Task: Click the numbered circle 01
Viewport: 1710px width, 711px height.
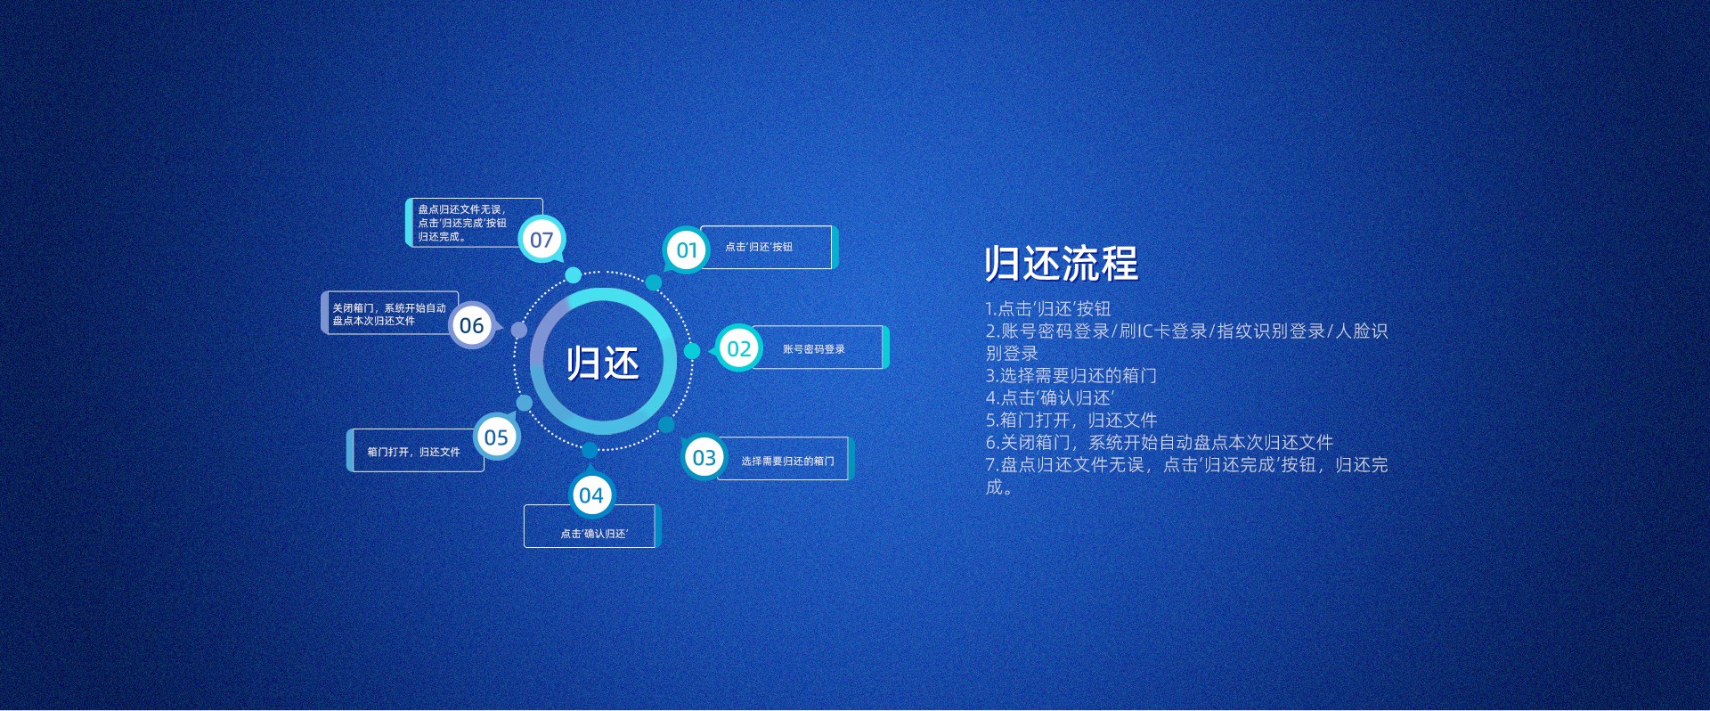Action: tap(687, 250)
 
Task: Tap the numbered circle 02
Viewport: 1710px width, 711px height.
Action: tap(738, 348)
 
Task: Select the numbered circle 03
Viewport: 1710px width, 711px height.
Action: tap(704, 457)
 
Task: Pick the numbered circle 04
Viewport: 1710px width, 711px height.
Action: tap(590, 495)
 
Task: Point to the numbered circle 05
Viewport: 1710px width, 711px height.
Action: tap(496, 437)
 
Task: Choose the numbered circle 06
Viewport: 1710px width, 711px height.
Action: tap(472, 325)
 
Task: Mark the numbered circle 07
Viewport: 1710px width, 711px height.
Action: tap(541, 240)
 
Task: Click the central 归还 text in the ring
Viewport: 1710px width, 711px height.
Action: tap(603, 364)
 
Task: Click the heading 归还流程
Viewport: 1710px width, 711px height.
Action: tap(1062, 264)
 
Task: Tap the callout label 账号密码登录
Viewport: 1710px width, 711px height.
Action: tap(814, 349)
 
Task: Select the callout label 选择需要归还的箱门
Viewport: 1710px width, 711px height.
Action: tap(787, 462)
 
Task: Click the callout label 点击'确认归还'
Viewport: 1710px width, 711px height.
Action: tap(594, 534)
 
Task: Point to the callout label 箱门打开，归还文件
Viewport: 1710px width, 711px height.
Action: tap(413, 452)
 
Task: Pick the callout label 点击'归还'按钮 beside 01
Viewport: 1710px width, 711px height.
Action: tap(759, 247)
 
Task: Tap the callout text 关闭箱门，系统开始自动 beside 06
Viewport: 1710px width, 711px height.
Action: tap(389, 307)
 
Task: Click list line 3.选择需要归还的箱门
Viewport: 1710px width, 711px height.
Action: tap(1071, 376)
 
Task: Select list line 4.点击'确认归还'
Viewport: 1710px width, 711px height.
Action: tap(1050, 398)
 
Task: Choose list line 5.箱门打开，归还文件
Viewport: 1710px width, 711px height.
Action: tap(1071, 421)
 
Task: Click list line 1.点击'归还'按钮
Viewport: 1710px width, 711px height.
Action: tap(1048, 309)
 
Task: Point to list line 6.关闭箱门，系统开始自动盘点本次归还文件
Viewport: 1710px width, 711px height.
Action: tap(1159, 443)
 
